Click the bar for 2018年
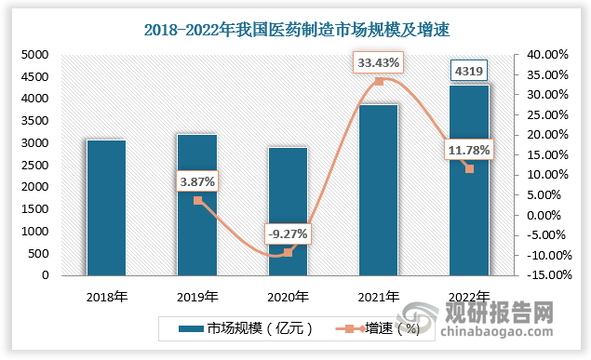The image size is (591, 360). [x=106, y=207]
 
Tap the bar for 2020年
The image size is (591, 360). [x=288, y=212]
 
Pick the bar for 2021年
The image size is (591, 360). [x=378, y=190]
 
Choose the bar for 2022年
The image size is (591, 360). [x=468, y=180]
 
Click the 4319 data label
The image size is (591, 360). [x=469, y=70]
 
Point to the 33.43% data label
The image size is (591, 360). [x=379, y=63]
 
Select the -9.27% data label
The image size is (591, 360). [x=287, y=233]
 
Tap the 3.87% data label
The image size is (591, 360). [x=196, y=181]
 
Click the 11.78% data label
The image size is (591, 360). [x=468, y=149]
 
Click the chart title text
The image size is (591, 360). [x=296, y=29]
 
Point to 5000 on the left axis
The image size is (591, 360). [x=34, y=55]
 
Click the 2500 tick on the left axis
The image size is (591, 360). [x=34, y=166]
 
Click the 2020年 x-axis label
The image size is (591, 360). [x=288, y=298]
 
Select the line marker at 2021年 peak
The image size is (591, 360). [x=379, y=82]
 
